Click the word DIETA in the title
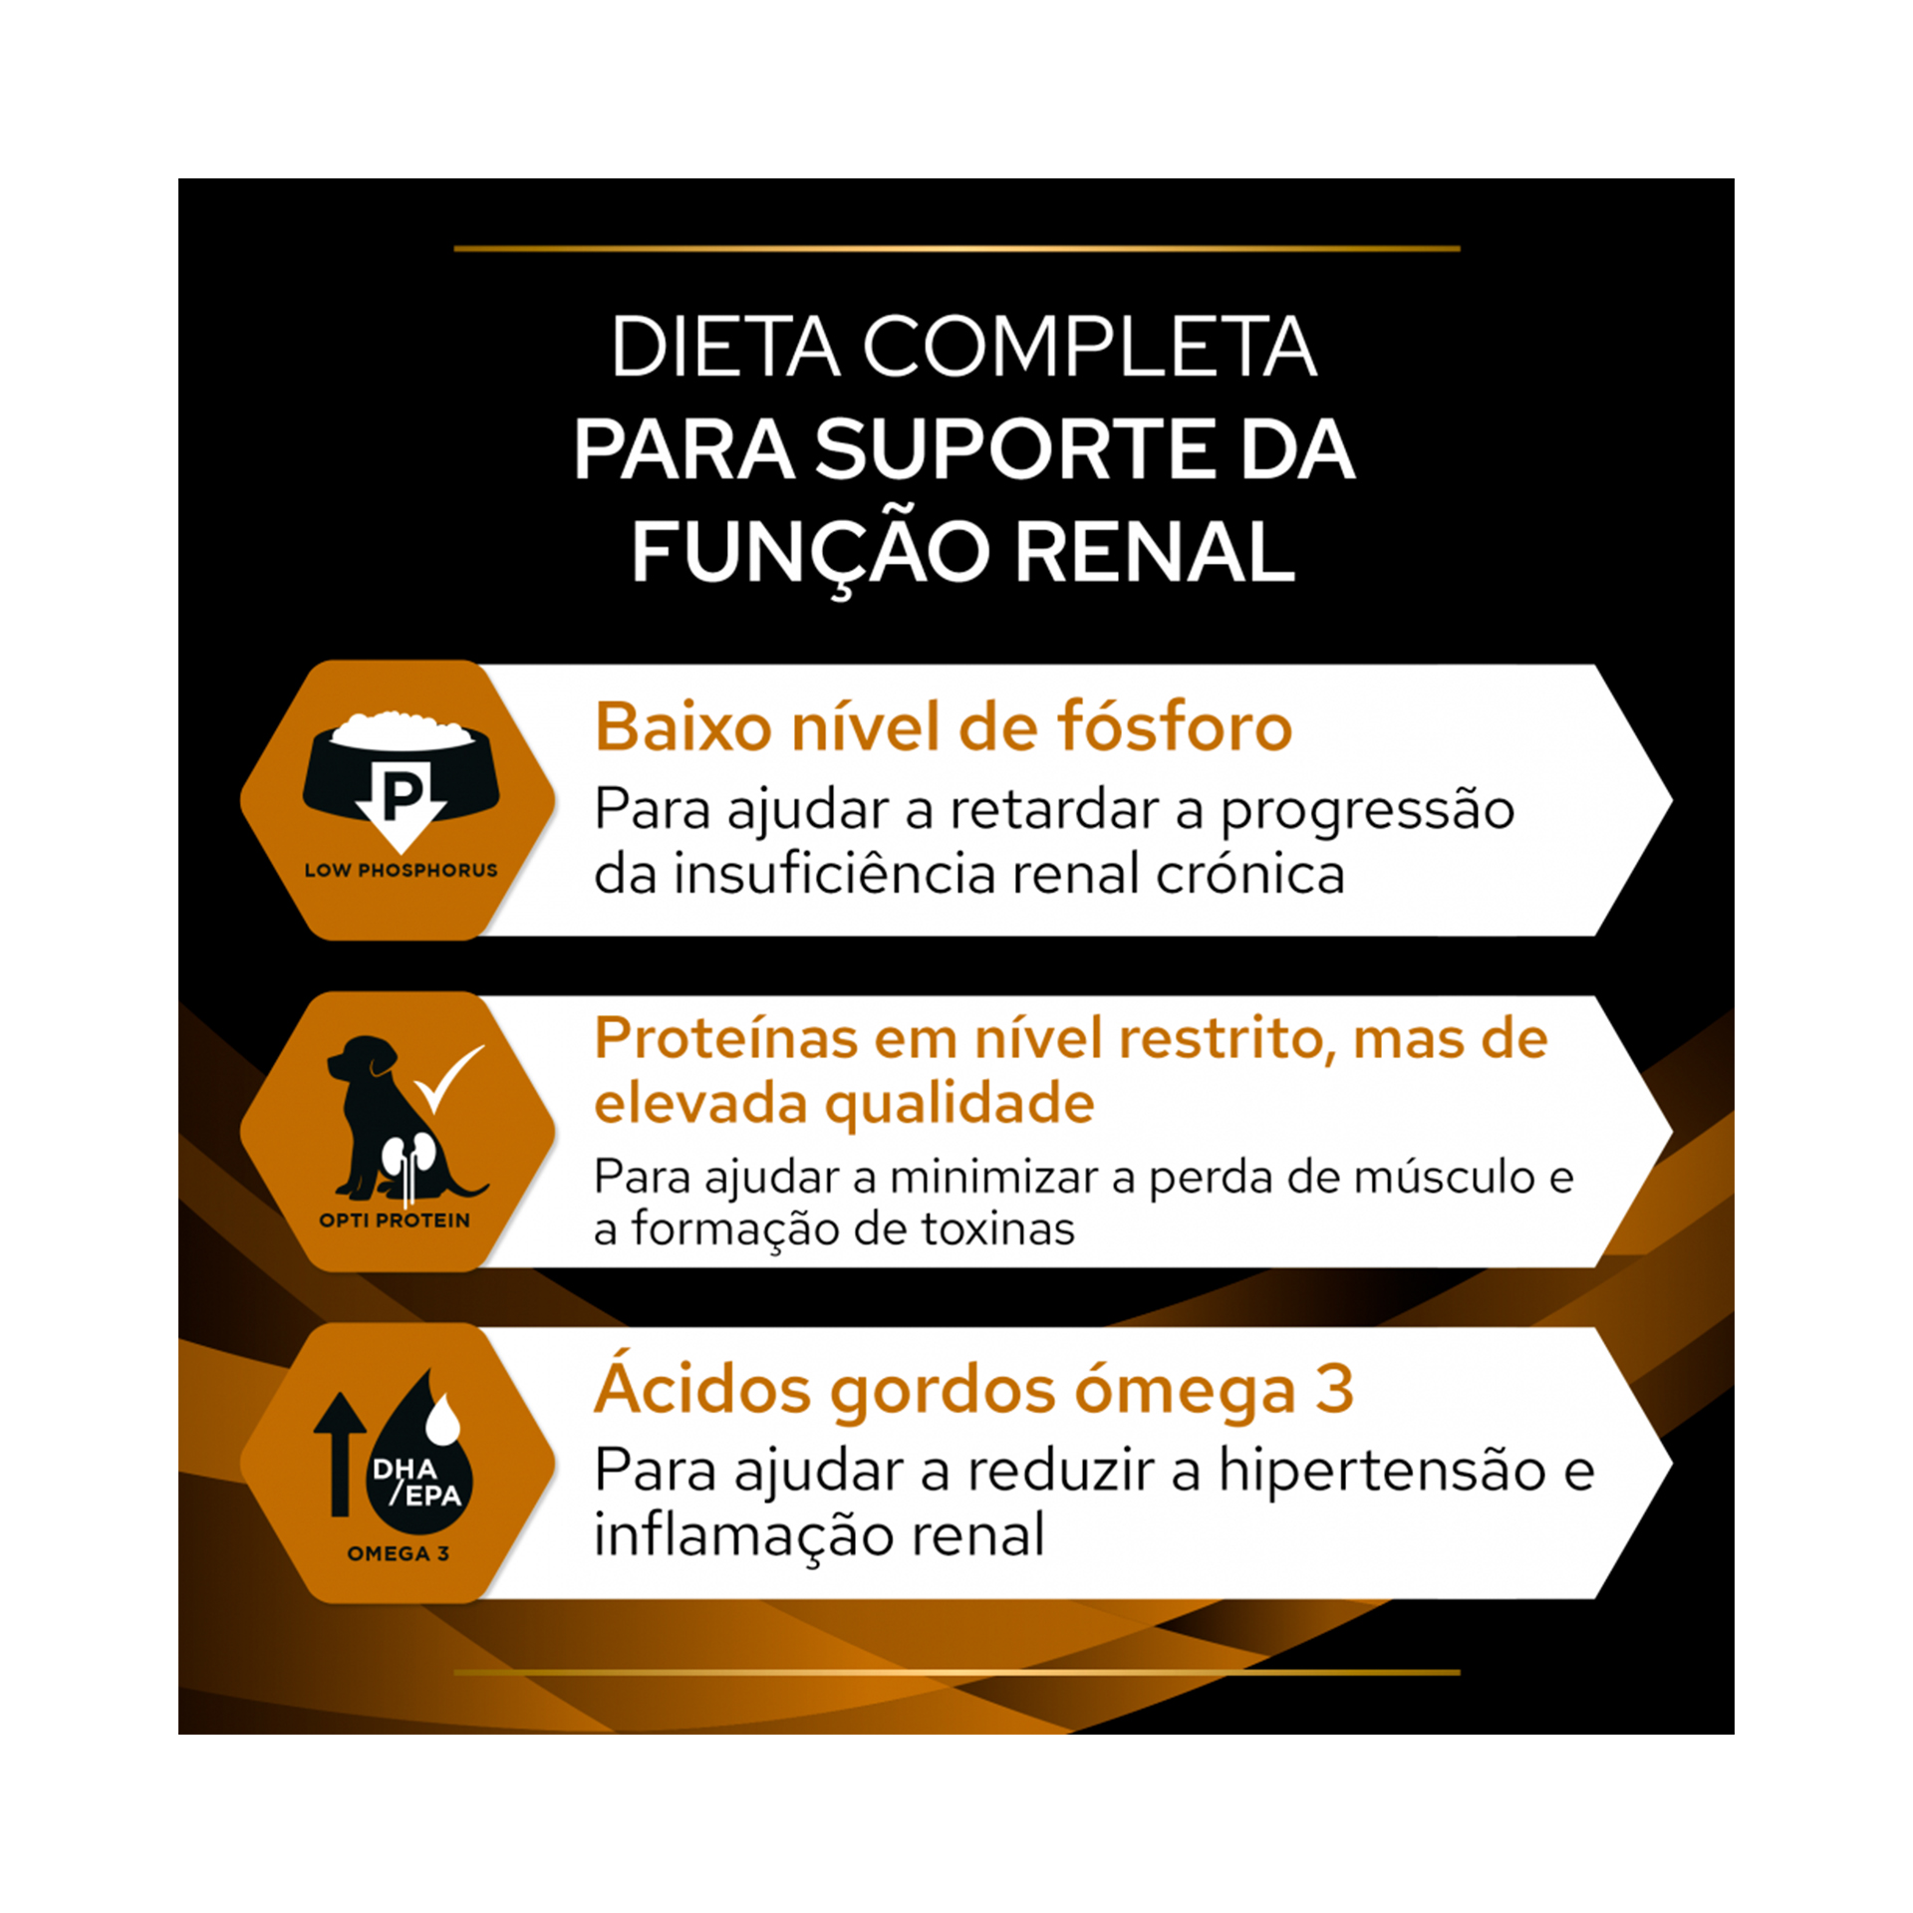coord(724,347)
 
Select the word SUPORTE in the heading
coord(1016,449)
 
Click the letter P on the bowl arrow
coord(402,796)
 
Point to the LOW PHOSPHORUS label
coord(401,870)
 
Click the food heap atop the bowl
coord(401,728)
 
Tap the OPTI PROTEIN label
coord(395,1221)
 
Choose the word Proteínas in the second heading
coord(726,1039)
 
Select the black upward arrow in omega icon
coord(340,1454)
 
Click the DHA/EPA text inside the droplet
coord(416,1483)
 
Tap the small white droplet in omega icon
coord(443,1419)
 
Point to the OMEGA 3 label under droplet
coord(399,1553)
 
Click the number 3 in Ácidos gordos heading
coord(1333,1389)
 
